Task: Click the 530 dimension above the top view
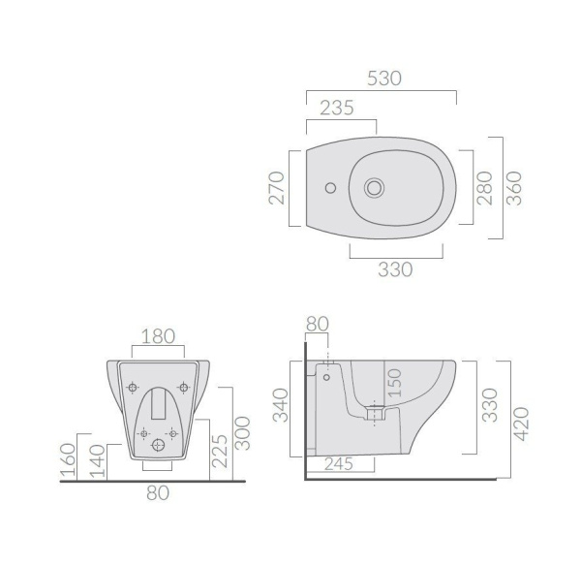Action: point(384,79)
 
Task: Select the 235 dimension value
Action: point(337,108)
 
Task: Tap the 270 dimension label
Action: point(276,188)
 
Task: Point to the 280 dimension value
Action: point(484,188)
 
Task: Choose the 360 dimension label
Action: point(514,188)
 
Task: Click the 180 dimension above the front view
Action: point(158,336)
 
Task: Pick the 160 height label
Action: point(68,459)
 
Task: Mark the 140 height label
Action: point(98,461)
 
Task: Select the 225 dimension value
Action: point(220,451)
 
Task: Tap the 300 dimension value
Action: point(243,433)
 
